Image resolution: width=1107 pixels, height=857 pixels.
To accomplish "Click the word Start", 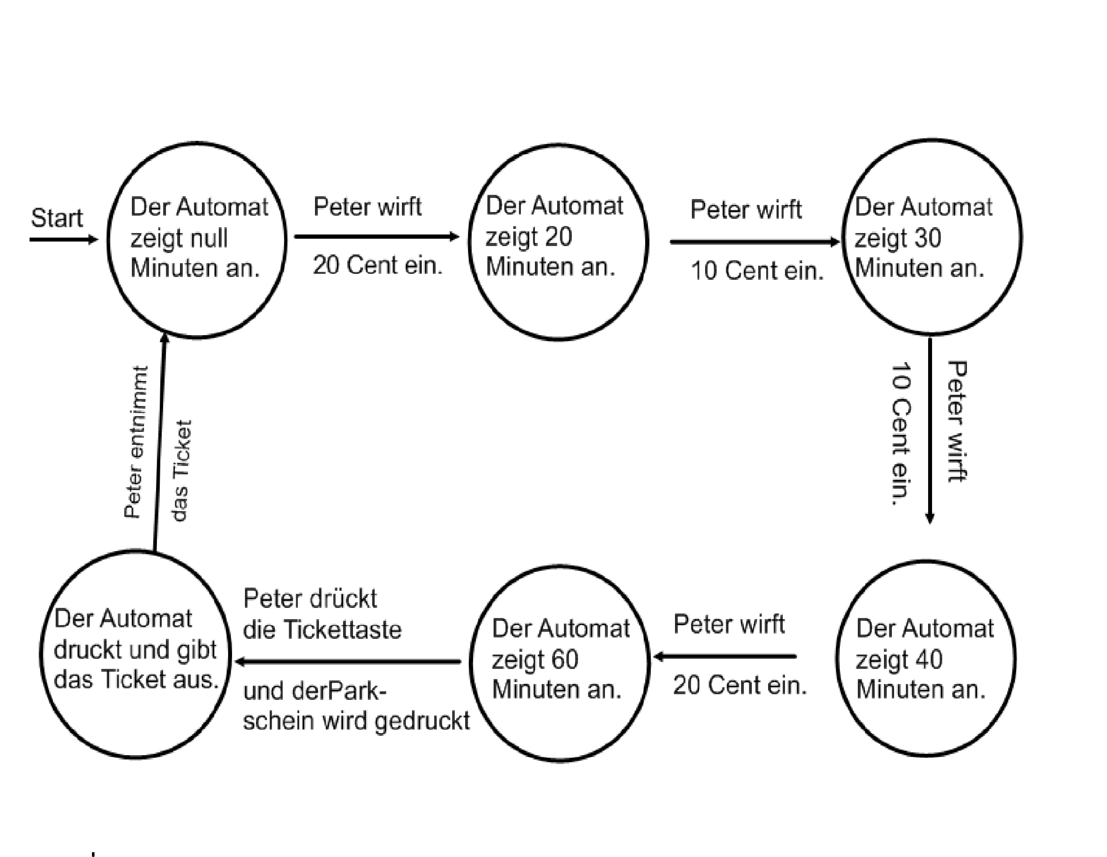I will pos(57,218).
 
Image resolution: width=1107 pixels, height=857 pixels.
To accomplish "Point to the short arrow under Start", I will pos(63,239).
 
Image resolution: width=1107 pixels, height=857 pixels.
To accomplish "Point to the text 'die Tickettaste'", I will pos(322,630).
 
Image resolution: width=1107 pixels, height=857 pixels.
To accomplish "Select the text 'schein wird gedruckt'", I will pos(356,720).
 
